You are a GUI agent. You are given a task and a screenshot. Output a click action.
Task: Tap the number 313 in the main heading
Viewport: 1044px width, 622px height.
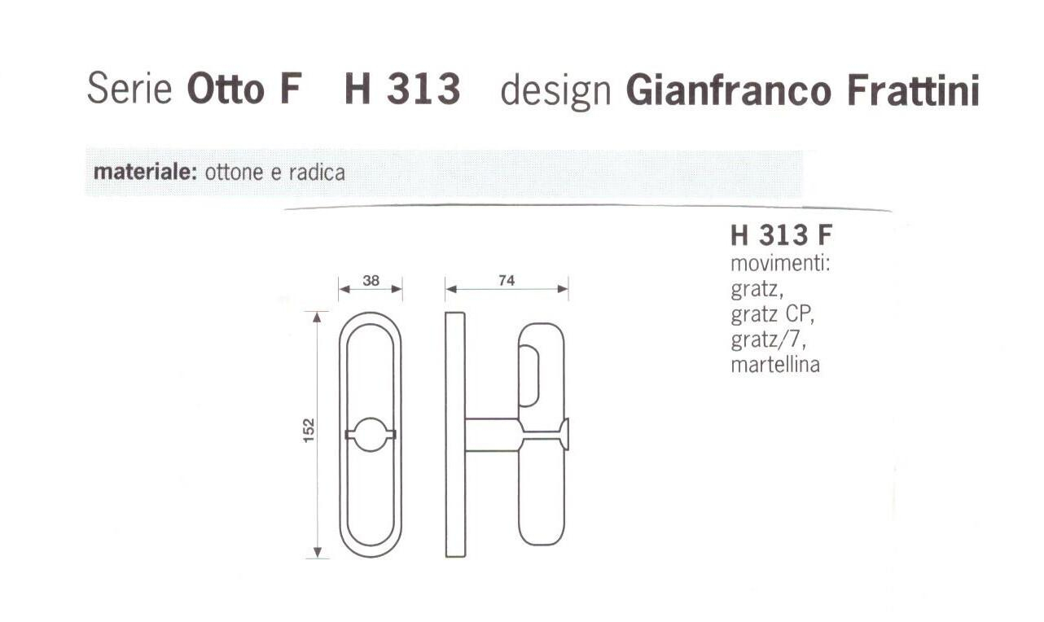[x=423, y=89]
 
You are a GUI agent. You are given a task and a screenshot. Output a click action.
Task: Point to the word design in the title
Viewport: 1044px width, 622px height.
[x=555, y=91]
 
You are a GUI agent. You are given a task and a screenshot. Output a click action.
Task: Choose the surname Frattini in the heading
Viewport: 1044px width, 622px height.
[x=912, y=90]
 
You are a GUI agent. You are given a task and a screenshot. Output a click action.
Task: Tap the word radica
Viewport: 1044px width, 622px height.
[x=317, y=173]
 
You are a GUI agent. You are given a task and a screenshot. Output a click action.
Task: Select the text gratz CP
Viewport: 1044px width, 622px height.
[x=772, y=315]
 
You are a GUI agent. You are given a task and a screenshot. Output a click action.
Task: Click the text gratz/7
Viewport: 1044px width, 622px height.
[x=768, y=340]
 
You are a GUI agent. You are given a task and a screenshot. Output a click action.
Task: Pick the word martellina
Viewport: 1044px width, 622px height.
[x=775, y=365]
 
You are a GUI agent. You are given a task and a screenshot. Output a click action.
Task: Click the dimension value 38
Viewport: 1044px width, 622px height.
[x=371, y=280]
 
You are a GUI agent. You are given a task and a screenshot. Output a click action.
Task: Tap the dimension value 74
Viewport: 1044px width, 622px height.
[x=507, y=280]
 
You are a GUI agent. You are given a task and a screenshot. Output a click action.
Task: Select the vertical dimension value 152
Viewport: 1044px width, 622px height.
[x=309, y=431]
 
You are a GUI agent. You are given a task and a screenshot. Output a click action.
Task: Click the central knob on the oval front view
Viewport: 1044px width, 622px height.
[x=371, y=435]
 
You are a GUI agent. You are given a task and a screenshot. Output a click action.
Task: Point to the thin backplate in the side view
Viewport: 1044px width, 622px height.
[x=455, y=435]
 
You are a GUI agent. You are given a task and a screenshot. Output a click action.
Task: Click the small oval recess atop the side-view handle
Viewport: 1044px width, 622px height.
[x=528, y=375]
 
